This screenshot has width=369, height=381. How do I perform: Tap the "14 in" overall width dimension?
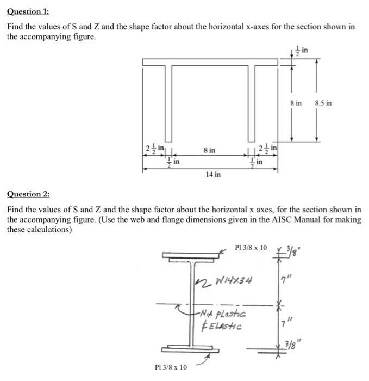click(x=212, y=175)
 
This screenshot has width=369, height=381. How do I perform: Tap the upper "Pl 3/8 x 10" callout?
click(x=251, y=248)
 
